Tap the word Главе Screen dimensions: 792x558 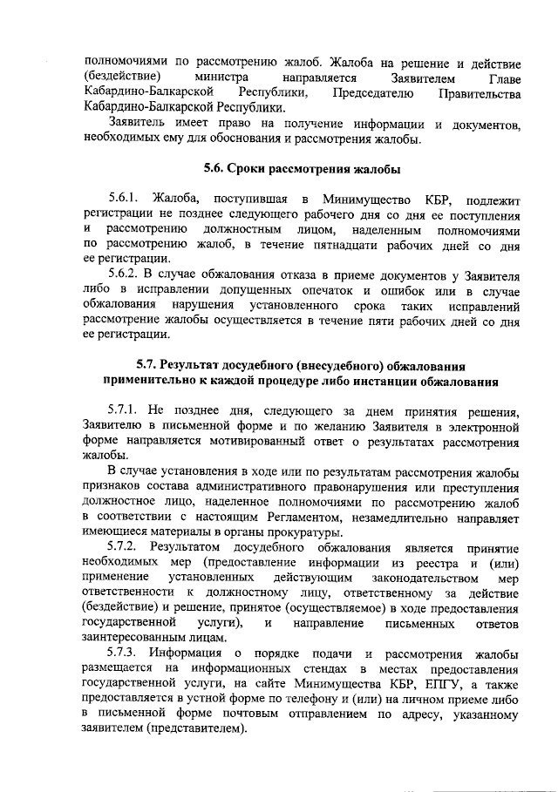click(x=502, y=79)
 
